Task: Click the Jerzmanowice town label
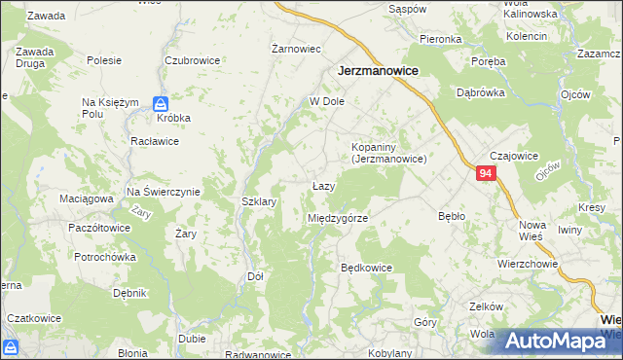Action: [x=378, y=71]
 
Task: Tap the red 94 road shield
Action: [x=487, y=173]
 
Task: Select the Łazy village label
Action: [x=324, y=186]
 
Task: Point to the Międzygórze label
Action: [x=337, y=218]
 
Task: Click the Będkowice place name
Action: [x=366, y=267]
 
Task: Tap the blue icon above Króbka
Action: [x=162, y=102]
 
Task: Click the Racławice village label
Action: [x=154, y=140]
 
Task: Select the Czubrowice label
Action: [x=192, y=59]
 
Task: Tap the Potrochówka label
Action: [x=108, y=257]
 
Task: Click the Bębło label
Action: [x=452, y=216]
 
